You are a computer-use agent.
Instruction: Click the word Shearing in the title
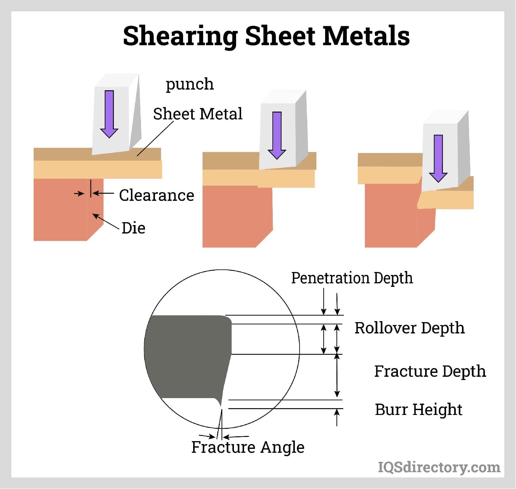(180, 36)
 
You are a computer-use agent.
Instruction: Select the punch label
(190, 84)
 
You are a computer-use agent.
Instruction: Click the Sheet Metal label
(198, 114)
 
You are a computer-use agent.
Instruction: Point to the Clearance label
(157, 195)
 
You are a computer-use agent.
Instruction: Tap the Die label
(133, 228)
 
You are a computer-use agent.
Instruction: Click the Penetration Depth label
(352, 278)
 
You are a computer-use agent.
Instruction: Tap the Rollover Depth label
(410, 328)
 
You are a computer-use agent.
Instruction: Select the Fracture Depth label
(430, 371)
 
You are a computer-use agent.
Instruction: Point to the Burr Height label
(418, 409)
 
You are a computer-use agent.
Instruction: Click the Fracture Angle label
(248, 447)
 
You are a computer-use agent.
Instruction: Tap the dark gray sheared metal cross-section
(188, 356)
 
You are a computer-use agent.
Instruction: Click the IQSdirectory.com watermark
(439, 467)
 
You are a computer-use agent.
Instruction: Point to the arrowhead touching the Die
(95, 215)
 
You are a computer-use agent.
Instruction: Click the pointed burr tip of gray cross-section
(221, 405)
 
